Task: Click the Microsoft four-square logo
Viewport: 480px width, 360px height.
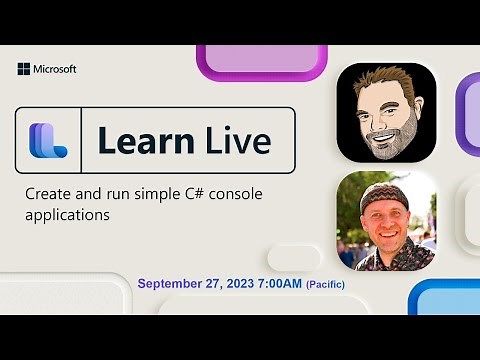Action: click(24, 69)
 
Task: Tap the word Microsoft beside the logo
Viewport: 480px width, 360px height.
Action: click(55, 69)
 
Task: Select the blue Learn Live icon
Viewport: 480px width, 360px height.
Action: click(47, 140)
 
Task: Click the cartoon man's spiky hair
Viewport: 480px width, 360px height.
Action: click(385, 80)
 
